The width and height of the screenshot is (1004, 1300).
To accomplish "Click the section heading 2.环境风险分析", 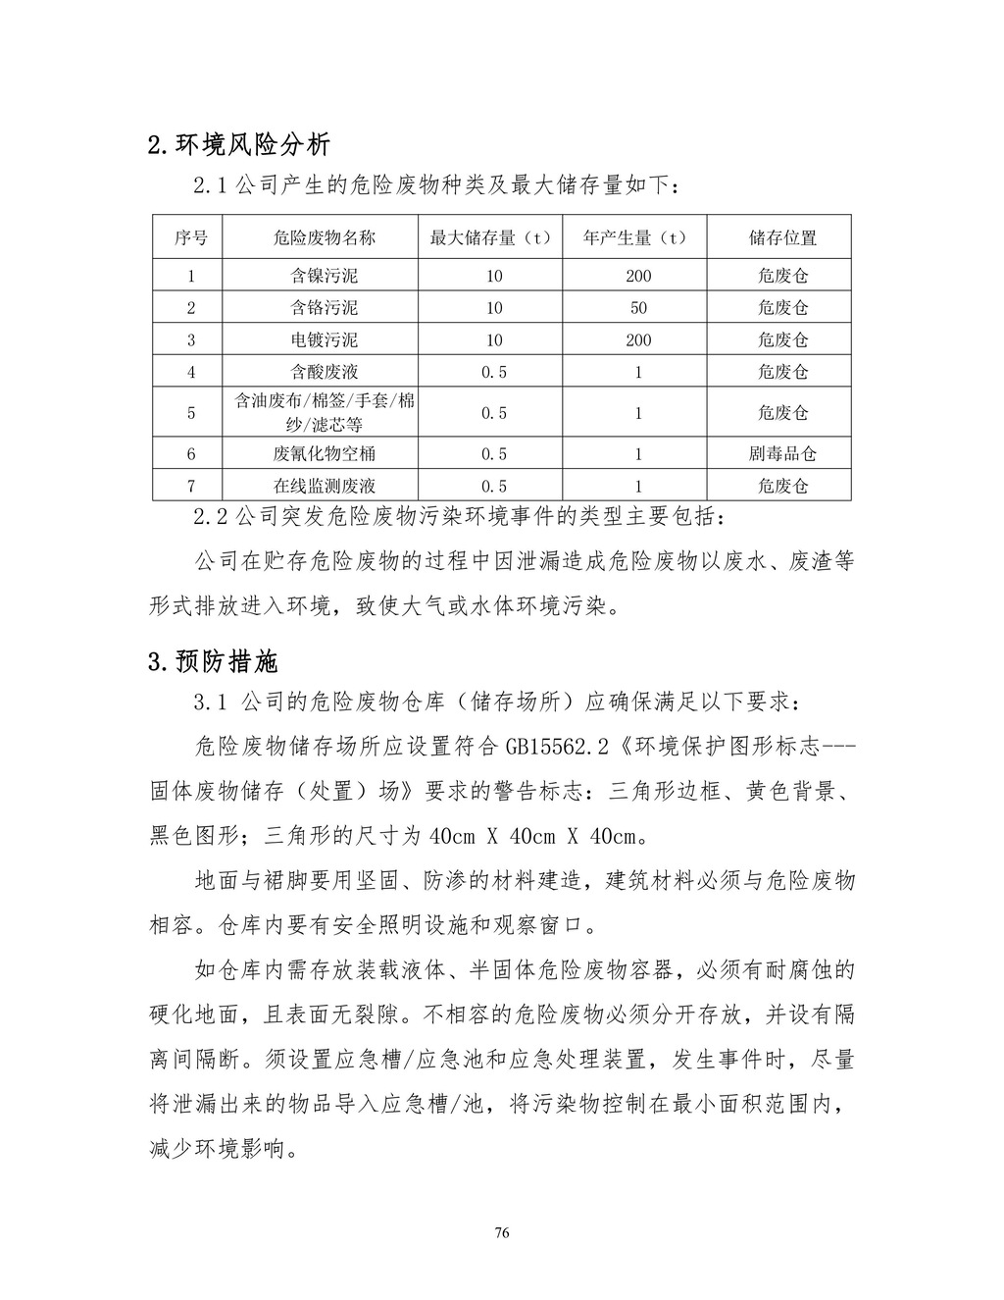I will click(x=238, y=146).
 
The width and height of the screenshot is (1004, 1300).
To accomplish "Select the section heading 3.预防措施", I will click(x=213, y=662).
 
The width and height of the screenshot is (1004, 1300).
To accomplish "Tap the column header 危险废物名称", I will click(x=324, y=237).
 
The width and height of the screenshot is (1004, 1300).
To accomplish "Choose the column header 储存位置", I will click(x=782, y=237).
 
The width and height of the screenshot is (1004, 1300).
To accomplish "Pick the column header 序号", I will click(x=190, y=237).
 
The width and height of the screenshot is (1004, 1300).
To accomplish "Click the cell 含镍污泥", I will click(x=324, y=276).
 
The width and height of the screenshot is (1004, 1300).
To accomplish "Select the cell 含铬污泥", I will click(x=324, y=308).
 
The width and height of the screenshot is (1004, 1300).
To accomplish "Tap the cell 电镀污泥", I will click(x=324, y=340).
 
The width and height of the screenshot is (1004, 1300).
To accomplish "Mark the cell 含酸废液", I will click(x=324, y=373).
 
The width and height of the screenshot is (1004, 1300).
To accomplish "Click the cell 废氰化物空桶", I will click(x=324, y=454).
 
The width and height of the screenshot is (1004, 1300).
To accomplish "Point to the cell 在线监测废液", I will click(x=324, y=486).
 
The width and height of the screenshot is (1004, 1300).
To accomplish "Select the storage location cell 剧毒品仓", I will click(x=782, y=454).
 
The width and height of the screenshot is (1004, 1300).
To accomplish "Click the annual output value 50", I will click(x=638, y=308).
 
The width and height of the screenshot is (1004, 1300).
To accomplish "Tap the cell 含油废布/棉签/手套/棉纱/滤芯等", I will click(x=324, y=413).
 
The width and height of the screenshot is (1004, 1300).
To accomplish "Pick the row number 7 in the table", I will click(x=190, y=486).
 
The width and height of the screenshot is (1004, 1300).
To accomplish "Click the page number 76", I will click(x=502, y=1232).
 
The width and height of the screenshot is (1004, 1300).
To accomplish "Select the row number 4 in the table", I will click(x=190, y=373).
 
